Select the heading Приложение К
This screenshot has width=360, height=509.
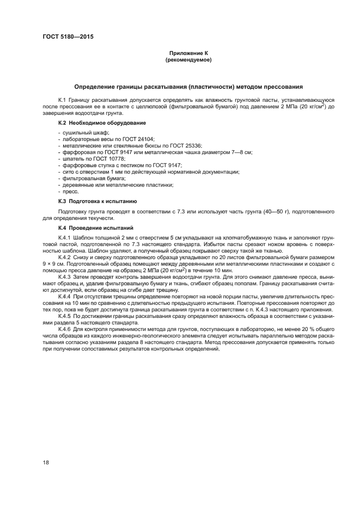188,53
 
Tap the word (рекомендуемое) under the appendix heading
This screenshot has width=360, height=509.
188,60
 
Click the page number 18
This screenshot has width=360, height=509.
46,462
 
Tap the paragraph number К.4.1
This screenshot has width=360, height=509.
66,238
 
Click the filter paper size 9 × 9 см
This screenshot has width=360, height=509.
54,263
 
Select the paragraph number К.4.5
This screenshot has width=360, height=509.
66,316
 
